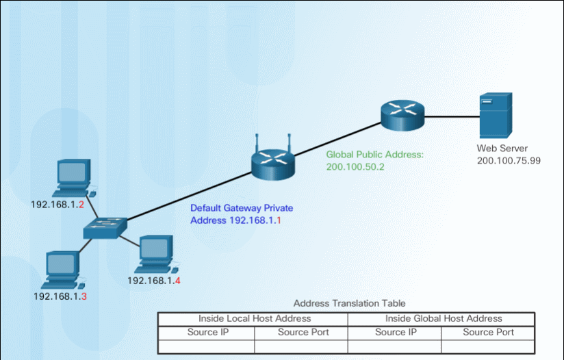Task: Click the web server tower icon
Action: tap(495, 116)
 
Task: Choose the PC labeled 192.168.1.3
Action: tap(62, 270)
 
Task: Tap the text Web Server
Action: tap(502, 148)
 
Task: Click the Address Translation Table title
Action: tap(349, 303)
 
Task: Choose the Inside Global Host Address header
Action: tap(444, 318)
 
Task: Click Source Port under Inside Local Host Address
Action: tap(303, 332)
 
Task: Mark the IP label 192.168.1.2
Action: tap(57, 204)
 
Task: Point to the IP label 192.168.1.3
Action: tap(60, 296)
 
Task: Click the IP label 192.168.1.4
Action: tap(153, 280)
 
